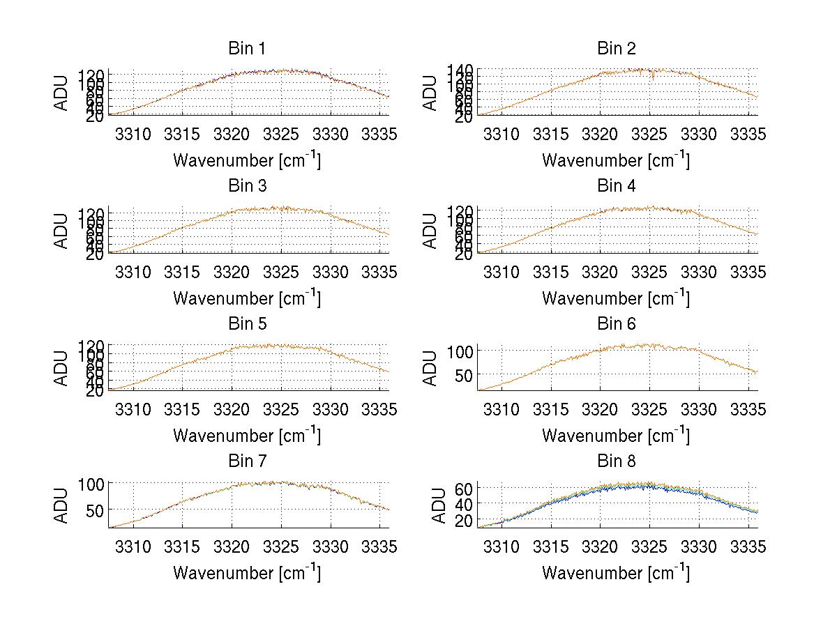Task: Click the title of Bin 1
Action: coord(247,49)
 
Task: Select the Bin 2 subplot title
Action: coord(617,49)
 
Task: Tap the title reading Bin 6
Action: coord(617,324)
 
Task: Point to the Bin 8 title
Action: coord(617,461)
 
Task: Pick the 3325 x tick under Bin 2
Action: coord(649,135)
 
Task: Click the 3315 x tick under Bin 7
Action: coord(182,547)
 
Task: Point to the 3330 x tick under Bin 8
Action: coord(698,547)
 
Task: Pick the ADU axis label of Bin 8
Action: coord(439,506)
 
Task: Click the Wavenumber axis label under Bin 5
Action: coord(247,436)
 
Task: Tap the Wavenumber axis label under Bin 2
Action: coord(617,160)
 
